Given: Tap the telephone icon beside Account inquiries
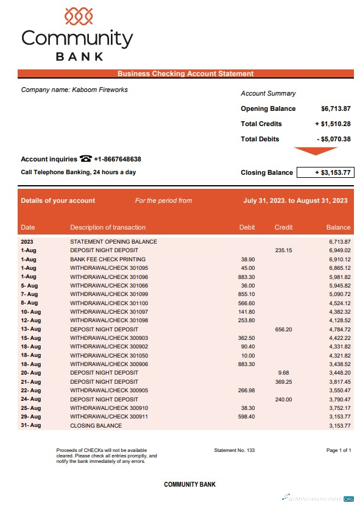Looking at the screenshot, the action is click(85, 159).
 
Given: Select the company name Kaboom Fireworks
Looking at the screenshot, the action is click(101, 90).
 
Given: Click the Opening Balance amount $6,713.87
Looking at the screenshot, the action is click(336, 108).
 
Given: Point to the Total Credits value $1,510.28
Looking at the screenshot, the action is click(333, 124).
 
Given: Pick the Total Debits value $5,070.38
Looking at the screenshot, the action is click(334, 139).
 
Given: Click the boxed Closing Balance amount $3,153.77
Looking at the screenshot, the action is click(325, 172).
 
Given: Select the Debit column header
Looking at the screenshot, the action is click(247, 227).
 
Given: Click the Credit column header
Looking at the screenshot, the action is click(284, 227).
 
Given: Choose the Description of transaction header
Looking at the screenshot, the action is click(108, 227).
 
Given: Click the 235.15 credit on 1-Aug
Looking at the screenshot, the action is click(284, 250).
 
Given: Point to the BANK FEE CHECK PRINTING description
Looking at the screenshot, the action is click(108, 259).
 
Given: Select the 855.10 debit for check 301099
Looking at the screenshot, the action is click(247, 294).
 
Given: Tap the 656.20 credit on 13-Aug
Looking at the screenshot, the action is click(284, 329).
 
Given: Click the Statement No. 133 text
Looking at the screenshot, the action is click(235, 450).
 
